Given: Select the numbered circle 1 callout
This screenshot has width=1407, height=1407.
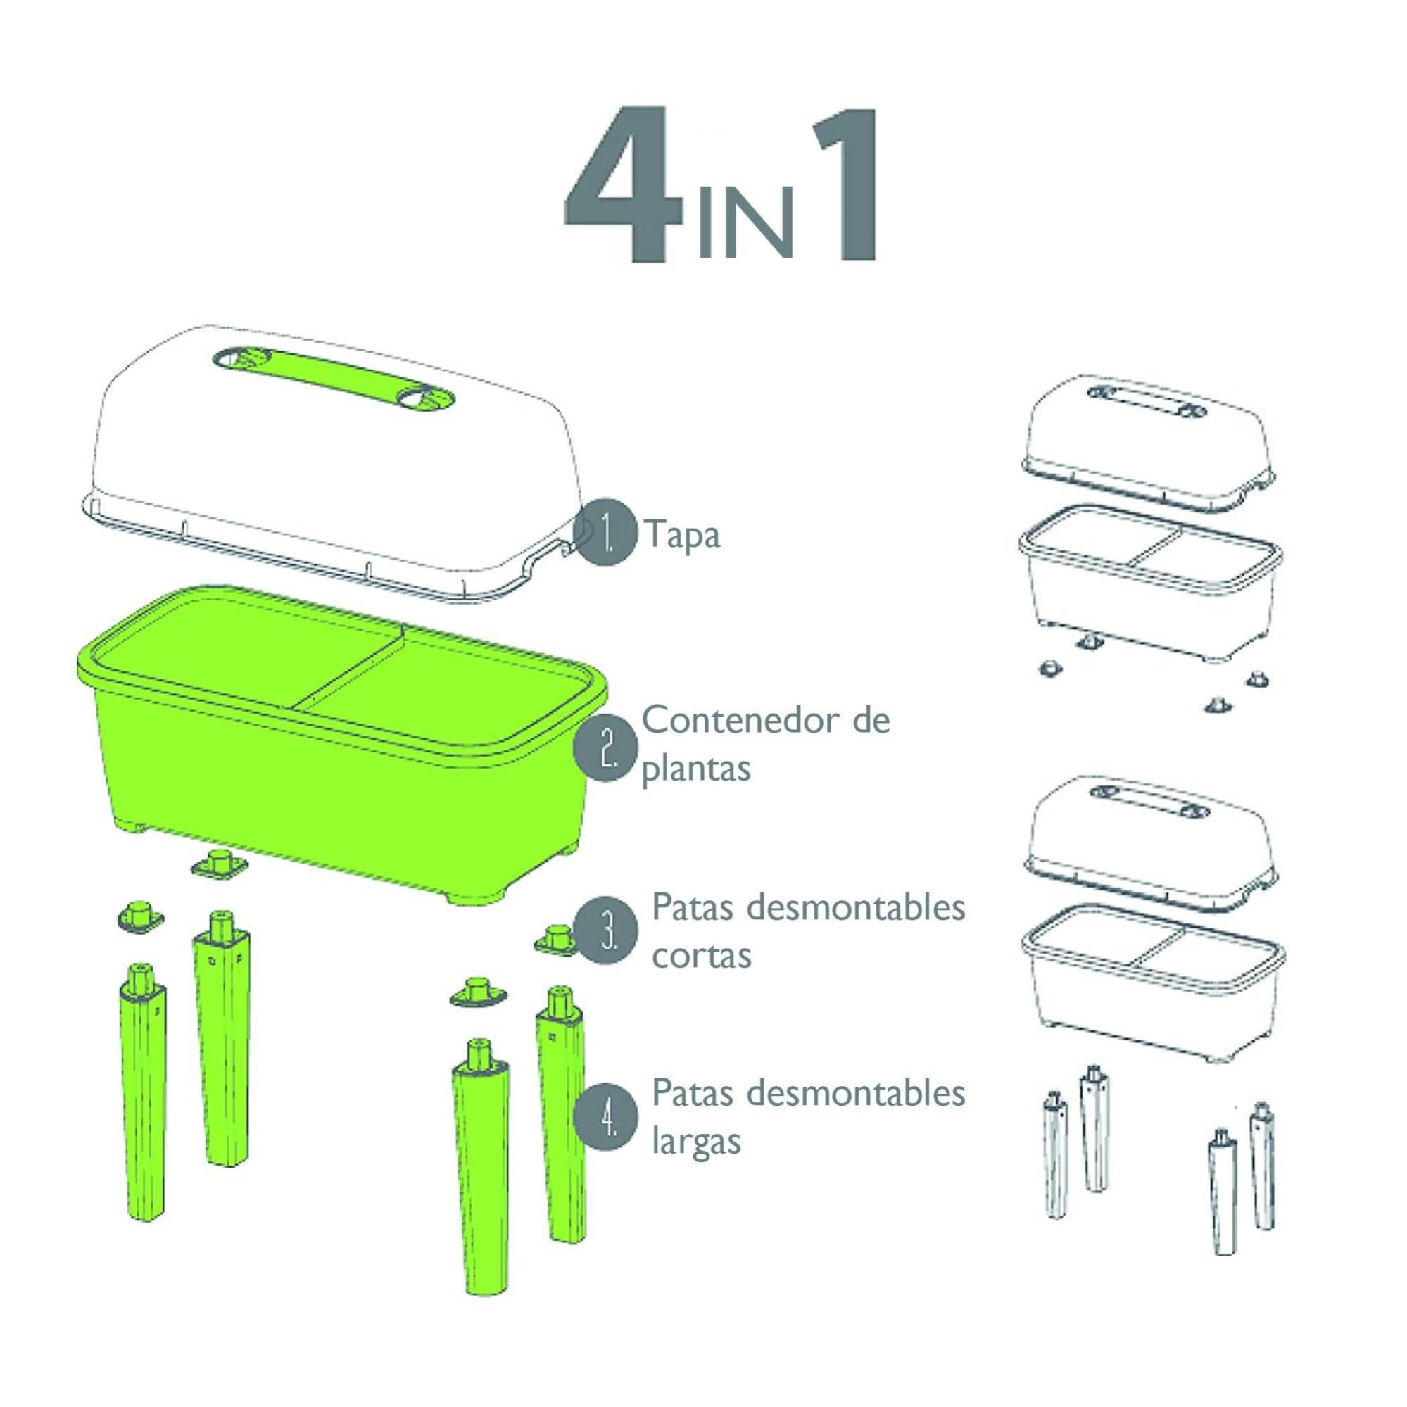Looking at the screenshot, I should coord(605,534).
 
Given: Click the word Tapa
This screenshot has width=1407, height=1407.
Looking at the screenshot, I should coord(682,535).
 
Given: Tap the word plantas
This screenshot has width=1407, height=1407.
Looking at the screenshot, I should coord(695,769).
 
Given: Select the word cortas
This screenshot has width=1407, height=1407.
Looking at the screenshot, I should coord(700,954).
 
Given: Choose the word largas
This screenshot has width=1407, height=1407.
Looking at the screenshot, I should coord(695,1141).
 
